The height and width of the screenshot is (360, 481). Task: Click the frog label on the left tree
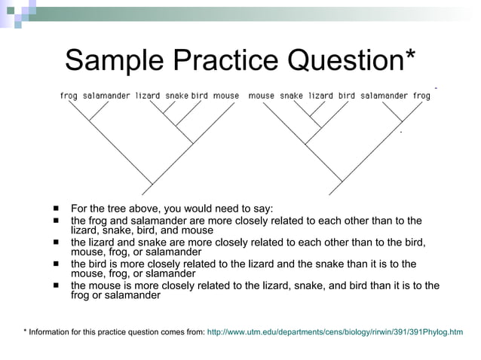pyautogui.click(x=69, y=96)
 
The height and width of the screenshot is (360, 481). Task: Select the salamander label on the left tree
pyautogui.click(x=106, y=96)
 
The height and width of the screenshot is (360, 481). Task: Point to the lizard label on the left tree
pyautogui.click(x=148, y=96)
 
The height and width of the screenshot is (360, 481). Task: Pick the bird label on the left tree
pyautogui.click(x=199, y=96)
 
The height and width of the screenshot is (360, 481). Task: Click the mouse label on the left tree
pyautogui.click(x=225, y=96)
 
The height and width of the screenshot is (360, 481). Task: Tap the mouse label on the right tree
pyautogui.click(x=262, y=96)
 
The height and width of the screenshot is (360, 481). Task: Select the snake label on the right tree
pyautogui.click(x=291, y=96)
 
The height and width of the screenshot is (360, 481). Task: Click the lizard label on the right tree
pyautogui.click(x=321, y=96)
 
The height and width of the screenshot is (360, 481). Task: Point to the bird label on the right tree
pyautogui.click(x=347, y=96)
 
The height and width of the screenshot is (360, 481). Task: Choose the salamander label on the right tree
pyautogui.click(x=384, y=96)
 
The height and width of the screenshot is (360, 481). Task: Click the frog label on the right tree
pyautogui.click(x=421, y=96)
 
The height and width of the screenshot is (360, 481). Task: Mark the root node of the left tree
pyautogui.click(x=153, y=184)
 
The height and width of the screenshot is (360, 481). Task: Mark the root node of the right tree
pyautogui.click(x=341, y=182)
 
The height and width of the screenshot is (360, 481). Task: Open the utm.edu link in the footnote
pyautogui.click(x=335, y=332)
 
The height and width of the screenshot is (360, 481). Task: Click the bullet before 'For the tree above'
pyautogui.click(x=57, y=209)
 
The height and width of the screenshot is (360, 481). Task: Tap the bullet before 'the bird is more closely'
pyautogui.click(x=57, y=264)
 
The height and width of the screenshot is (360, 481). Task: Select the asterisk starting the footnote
pyautogui.click(x=25, y=332)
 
